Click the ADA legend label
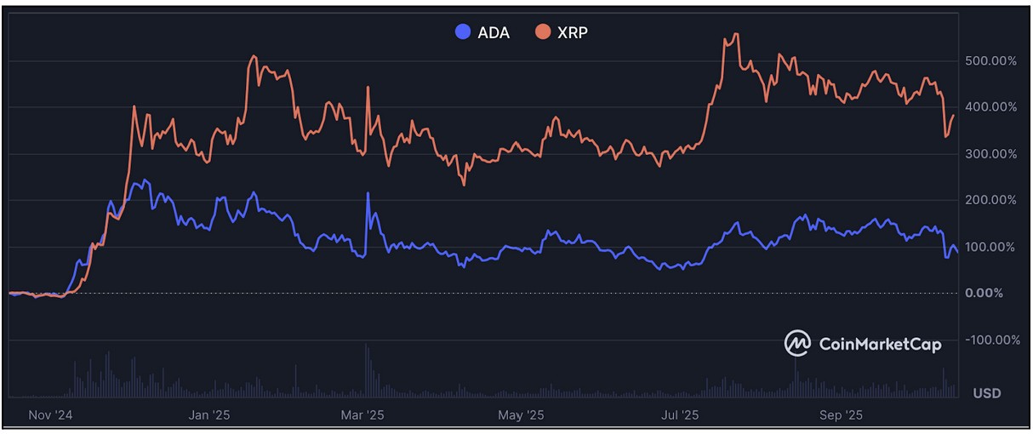tap(494, 33)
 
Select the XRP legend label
tap(574, 33)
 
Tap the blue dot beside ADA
tap(463, 32)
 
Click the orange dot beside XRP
tap(542, 32)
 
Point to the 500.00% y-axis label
tap(990, 61)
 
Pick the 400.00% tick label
tap(990, 107)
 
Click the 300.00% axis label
tap(990, 154)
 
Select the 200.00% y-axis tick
tap(990, 200)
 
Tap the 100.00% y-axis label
tap(990, 247)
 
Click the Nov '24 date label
tap(51, 415)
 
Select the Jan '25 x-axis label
tap(209, 415)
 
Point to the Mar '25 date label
tap(362, 415)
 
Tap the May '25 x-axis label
tap(521, 415)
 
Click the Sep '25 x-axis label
tap(840, 415)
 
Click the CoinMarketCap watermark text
tap(880, 344)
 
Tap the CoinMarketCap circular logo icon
tap(797, 343)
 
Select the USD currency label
tap(987, 393)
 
